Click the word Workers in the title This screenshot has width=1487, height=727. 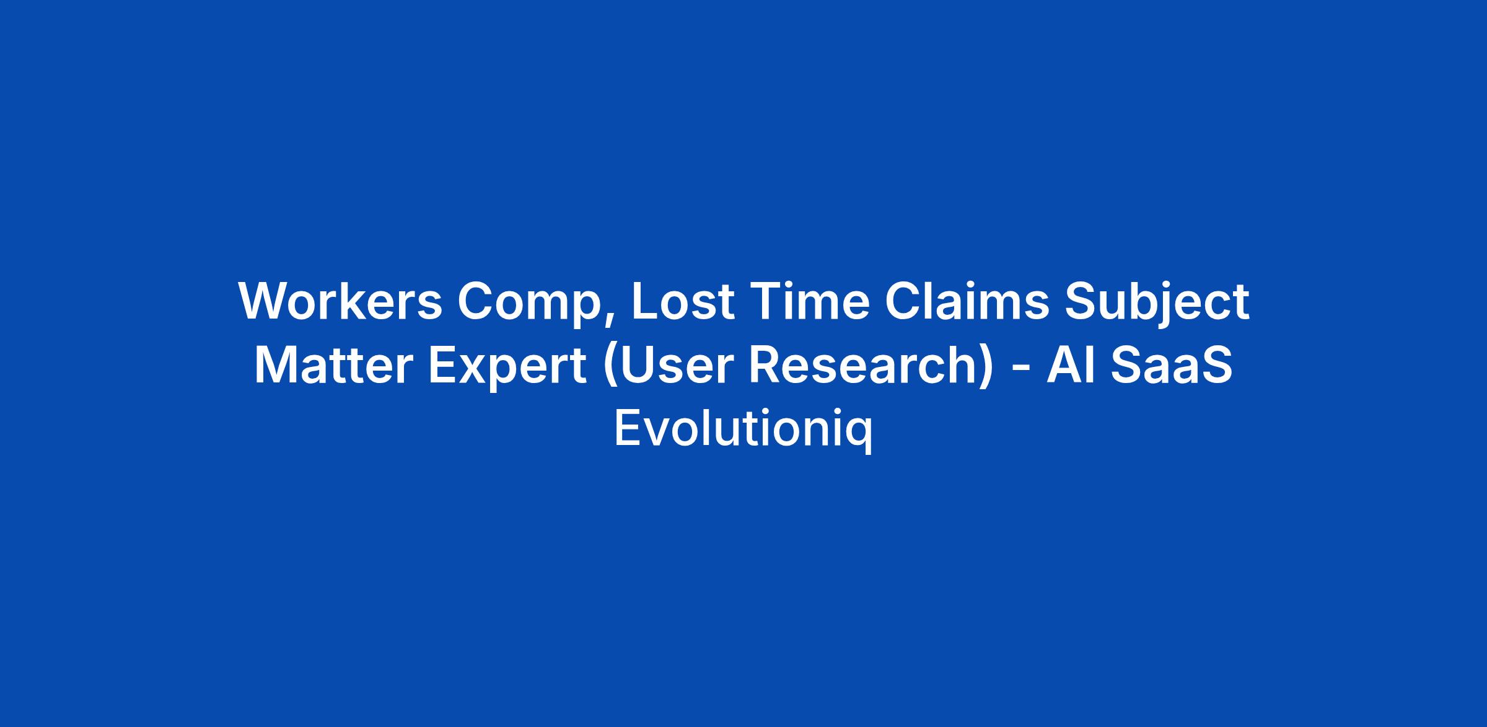(x=340, y=301)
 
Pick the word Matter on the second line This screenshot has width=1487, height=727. (x=333, y=366)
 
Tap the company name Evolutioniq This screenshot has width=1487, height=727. (x=743, y=430)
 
